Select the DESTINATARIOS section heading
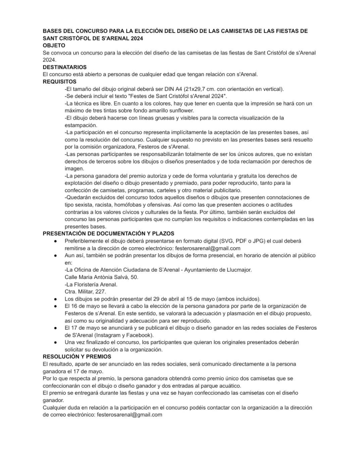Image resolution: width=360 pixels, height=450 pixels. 65,67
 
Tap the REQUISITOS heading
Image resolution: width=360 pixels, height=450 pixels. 59,81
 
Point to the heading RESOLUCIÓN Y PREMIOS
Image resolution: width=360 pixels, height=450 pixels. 77,356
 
